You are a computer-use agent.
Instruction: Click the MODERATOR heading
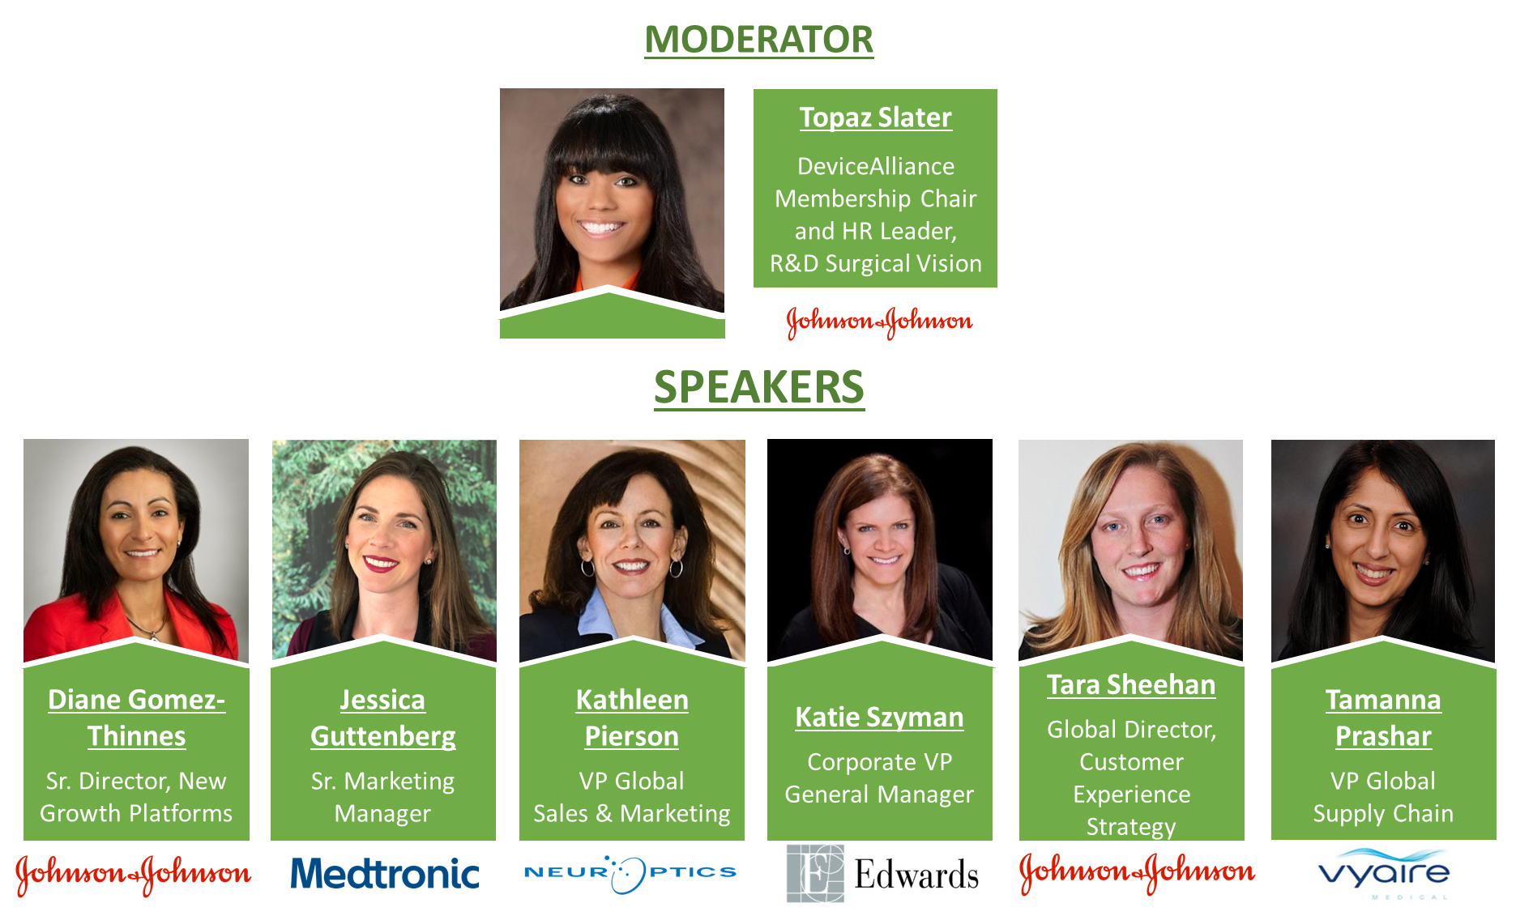tap(759, 39)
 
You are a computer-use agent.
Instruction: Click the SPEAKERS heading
tap(759, 387)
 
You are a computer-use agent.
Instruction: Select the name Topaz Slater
tap(875, 117)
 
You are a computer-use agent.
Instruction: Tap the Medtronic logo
tap(385, 874)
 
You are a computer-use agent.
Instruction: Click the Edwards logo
tap(882, 874)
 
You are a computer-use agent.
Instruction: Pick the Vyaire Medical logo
tap(1384, 872)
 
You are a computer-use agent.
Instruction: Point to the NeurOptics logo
tap(630, 873)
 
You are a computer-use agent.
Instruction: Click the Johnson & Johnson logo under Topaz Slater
tap(879, 322)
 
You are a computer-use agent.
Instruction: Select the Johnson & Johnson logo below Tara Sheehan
tap(1137, 872)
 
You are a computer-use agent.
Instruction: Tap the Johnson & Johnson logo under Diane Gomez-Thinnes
tap(134, 875)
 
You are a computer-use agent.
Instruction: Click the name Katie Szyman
tap(879, 718)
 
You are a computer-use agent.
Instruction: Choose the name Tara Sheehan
tap(1131, 685)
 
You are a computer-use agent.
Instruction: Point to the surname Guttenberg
tap(383, 736)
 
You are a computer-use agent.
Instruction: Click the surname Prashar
tap(1383, 736)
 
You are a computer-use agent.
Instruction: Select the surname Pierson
tap(632, 736)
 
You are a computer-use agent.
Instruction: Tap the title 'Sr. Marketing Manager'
tap(383, 797)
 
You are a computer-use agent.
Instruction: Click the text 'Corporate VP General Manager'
tap(879, 778)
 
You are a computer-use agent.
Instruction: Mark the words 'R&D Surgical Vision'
tap(876, 264)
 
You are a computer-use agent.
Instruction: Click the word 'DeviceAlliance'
tap(876, 166)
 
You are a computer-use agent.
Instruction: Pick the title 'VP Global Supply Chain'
tap(1383, 797)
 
